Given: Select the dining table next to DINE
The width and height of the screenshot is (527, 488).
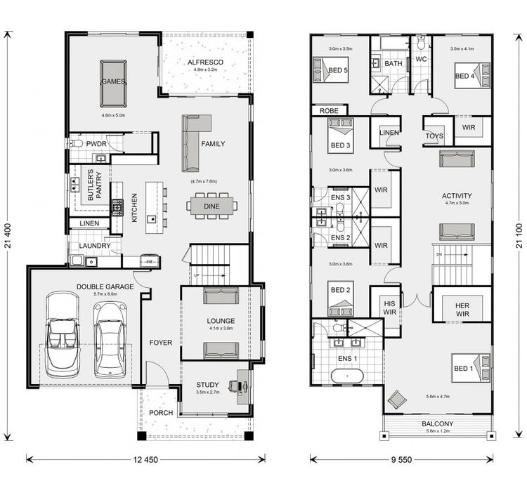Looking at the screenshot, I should (x=212, y=206).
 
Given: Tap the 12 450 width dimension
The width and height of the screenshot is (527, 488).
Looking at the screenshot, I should (x=145, y=459).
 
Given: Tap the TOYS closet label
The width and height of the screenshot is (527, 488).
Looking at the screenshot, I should (x=435, y=136).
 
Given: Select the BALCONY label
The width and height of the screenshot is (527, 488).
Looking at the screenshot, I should (x=437, y=424).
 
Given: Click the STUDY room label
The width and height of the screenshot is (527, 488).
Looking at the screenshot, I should (x=207, y=384).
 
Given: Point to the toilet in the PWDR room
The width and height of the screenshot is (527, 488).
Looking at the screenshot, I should (x=77, y=144).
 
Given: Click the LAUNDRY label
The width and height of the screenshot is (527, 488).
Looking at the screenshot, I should (x=95, y=246).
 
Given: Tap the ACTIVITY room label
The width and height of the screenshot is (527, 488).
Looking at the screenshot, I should (x=457, y=196).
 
